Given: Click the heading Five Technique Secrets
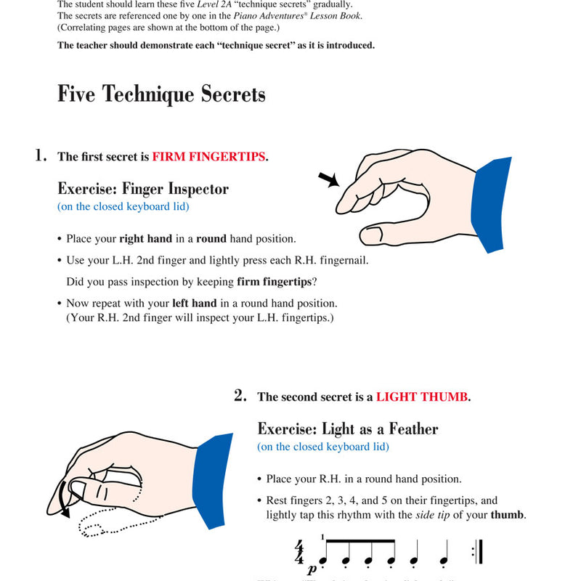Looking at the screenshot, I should click(161, 95).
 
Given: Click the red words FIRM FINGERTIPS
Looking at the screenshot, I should click(208, 157).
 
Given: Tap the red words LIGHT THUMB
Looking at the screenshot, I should click(422, 397).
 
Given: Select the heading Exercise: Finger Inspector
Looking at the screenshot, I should click(143, 189).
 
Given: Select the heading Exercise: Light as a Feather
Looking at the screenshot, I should click(348, 428).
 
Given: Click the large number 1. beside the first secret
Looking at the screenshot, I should click(41, 155).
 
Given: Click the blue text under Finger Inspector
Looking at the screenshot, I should click(123, 207).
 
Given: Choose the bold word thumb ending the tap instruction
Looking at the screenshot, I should click(508, 515).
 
